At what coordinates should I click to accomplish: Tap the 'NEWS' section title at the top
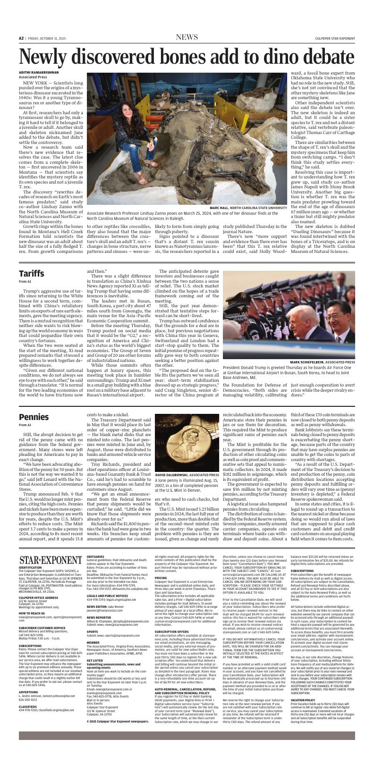pos(187,37)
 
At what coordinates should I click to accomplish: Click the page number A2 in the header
pos(21,38)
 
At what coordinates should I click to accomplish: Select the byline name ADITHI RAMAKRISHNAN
pos(39,72)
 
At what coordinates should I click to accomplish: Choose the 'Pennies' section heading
pos(34,417)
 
